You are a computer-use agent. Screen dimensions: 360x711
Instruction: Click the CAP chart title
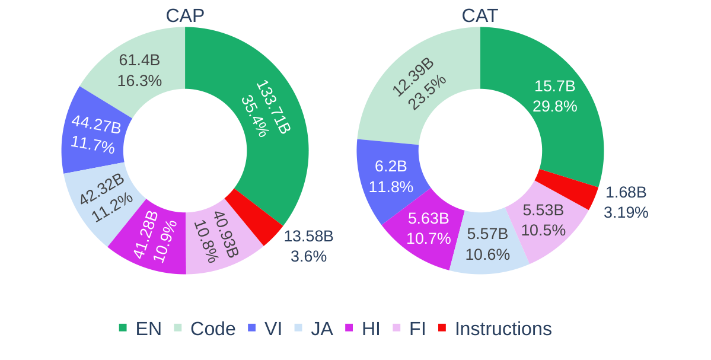point(185,16)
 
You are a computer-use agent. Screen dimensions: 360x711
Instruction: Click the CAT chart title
point(480,16)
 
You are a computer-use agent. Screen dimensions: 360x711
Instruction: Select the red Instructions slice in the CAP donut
point(254,217)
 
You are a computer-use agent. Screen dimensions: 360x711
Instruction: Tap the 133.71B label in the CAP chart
point(274,107)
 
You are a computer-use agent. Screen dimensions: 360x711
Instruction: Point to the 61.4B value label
point(139,60)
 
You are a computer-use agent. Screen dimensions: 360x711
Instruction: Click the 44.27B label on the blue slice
point(96,125)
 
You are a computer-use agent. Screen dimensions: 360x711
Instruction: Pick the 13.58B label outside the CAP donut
point(308,236)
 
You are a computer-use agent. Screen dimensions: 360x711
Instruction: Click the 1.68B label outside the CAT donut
point(626,192)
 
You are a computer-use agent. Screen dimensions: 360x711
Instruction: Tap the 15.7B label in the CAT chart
point(554,86)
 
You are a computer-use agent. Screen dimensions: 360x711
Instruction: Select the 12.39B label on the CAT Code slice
point(413,77)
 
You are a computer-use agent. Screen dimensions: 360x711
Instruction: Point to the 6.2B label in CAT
point(391,167)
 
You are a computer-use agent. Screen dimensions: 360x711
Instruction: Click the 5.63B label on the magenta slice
point(428,218)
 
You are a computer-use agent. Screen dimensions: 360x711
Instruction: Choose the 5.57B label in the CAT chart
point(487,234)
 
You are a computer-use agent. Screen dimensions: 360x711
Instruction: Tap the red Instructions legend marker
point(442,328)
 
